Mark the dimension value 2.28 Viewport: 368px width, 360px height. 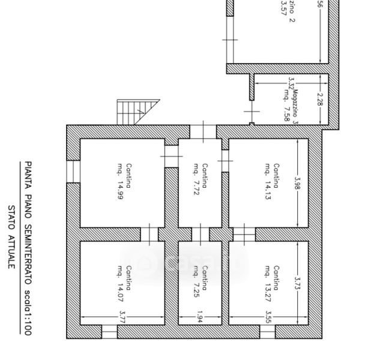click(321, 100)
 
